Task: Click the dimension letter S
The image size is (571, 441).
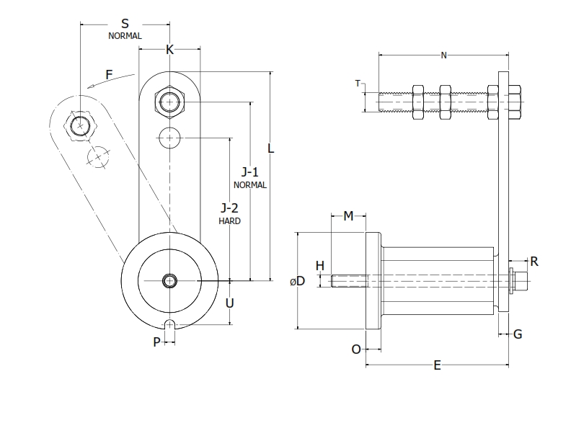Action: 125,24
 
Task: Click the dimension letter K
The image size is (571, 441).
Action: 170,50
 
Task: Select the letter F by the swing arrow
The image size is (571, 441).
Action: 109,74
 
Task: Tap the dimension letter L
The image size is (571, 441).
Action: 270,148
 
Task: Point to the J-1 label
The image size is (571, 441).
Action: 250,172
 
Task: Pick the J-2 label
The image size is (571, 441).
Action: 229,208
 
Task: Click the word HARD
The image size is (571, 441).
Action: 229,221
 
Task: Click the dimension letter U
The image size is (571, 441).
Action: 229,303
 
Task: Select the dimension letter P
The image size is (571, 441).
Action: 156,342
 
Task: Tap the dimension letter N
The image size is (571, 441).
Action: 443,55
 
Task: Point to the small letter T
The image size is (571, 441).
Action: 358,84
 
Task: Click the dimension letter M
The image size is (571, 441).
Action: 349,216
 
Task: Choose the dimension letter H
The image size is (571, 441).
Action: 320,266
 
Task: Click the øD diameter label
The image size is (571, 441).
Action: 298,282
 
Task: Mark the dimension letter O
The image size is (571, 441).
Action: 356,349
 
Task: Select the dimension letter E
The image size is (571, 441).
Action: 438,365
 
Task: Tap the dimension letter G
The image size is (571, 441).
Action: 518,334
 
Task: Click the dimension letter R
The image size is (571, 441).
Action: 534,262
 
